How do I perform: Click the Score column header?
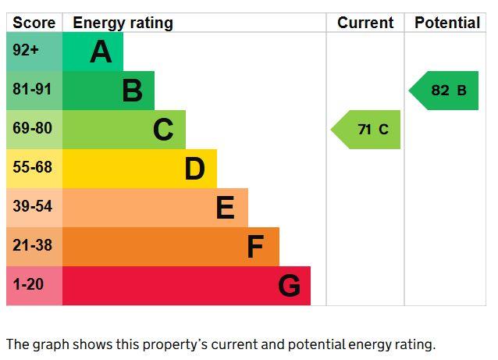pos(34,23)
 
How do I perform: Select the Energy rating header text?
pos(123,23)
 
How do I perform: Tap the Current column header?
pos(365,23)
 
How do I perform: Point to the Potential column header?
pos(447,23)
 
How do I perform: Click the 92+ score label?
pos(26,50)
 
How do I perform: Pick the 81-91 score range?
pos(32,89)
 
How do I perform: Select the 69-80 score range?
pos(33,128)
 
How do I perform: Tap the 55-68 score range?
pos(33,167)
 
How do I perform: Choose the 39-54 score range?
pos(33,206)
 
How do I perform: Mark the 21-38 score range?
pos(33,245)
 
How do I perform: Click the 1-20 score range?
pos(28,284)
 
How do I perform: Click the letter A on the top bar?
pos(101,52)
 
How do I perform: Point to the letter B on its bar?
pos(133,91)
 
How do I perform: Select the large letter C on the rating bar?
pos(163,130)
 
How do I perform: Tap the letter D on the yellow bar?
pos(194,169)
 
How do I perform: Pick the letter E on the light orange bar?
pos(226,208)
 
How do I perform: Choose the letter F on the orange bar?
pos(255,247)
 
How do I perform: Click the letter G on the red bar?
pos(290,286)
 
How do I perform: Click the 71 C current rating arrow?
pos(365,130)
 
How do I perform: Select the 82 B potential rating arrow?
pos(443,91)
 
